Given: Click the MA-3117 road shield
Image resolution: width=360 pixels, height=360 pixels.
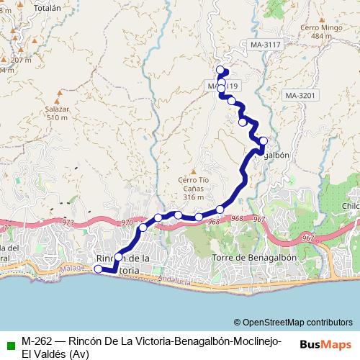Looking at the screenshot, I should click(x=266, y=45).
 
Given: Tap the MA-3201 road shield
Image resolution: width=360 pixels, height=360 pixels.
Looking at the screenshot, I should click(x=300, y=95).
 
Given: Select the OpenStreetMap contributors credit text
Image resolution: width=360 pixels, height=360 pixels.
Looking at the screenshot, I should click(x=292, y=323).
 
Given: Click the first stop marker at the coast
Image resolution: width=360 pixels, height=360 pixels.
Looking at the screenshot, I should click(x=99, y=269).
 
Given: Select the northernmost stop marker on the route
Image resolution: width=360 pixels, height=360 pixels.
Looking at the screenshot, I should click(x=221, y=70).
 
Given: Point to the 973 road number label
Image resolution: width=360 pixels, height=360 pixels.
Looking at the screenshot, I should click(x=68, y=223).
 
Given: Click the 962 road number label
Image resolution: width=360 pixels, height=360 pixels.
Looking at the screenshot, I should click(x=308, y=238).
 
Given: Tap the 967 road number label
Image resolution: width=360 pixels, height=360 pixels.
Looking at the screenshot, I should click(x=258, y=218).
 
